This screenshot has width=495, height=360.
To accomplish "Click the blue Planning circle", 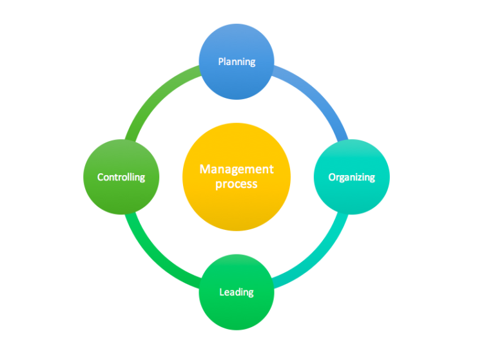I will (237, 81).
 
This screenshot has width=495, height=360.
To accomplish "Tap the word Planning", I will (237, 62).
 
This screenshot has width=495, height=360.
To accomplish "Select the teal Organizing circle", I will (351, 190).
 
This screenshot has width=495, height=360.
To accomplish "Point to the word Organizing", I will (351, 177).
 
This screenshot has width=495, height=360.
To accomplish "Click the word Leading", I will (237, 292).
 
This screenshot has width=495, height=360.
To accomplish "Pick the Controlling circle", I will (121, 193).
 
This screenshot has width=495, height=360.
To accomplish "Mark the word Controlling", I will (121, 176).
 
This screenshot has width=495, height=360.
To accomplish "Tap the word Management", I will (237, 169).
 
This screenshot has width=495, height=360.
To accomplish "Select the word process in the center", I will (237, 184).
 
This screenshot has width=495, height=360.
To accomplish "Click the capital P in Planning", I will (220, 62).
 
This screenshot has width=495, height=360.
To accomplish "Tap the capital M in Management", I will (204, 169).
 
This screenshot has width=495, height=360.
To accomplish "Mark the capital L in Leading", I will (222, 292).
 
